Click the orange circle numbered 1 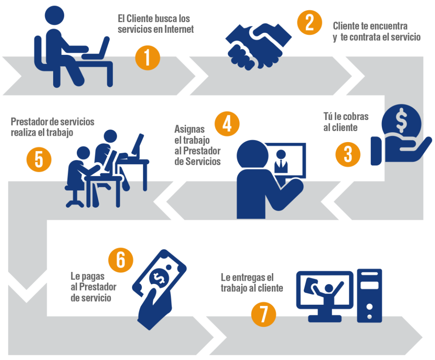[x=147, y=58]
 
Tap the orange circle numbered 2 [x=309, y=23]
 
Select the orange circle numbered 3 [x=348, y=154]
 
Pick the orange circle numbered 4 [x=227, y=124]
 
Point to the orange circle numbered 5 [x=39, y=159]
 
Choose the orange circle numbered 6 [x=121, y=260]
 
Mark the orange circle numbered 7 [x=263, y=314]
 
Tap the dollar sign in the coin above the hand [x=401, y=120]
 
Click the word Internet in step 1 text [x=179, y=29]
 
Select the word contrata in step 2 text [x=365, y=37]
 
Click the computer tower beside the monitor [x=369, y=295]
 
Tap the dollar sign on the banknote [x=159, y=278]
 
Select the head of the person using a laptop [x=54, y=16]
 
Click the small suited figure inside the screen [x=281, y=162]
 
